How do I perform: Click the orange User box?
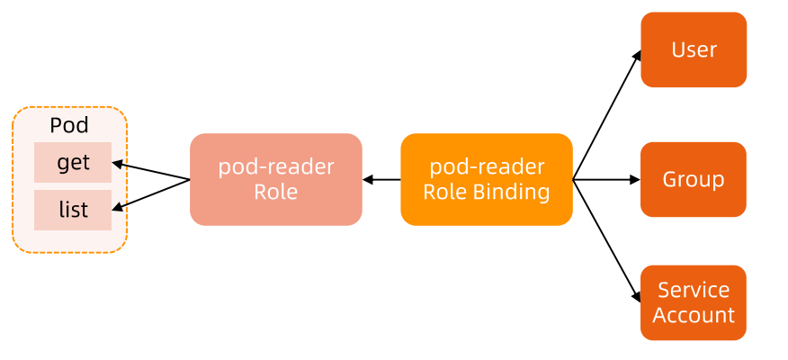point(694,49)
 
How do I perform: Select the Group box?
point(694,179)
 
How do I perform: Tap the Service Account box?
point(694,302)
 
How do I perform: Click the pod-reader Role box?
point(275,179)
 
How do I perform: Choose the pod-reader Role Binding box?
point(486,179)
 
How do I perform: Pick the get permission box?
point(73,163)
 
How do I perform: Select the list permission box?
point(73,210)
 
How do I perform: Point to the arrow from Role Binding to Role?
point(381,180)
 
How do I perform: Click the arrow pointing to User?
point(606,115)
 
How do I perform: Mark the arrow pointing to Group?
point(606,180)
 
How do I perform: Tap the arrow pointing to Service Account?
point(606,240)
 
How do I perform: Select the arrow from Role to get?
point(153,172)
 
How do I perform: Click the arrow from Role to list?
point(153,194)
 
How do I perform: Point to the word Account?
point(694,315)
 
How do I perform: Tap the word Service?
point(694,290)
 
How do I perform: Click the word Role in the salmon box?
point(275,192)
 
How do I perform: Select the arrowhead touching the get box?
point(117,165)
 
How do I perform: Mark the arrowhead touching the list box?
point(117,208)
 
